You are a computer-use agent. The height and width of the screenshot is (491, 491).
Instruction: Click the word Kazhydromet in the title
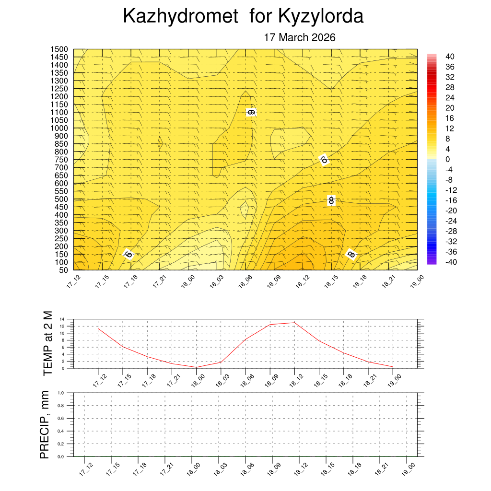tap(180, 16)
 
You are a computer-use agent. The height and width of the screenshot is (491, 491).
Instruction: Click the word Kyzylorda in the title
tap(321, 16)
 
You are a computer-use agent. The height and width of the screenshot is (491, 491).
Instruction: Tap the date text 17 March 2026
tap(300, 37)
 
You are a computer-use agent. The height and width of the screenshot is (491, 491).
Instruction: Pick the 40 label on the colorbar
tap(449, 57)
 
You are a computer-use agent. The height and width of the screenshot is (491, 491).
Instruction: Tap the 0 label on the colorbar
tap(447, 159)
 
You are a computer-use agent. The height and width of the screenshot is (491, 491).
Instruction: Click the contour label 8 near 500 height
tap(331, 200)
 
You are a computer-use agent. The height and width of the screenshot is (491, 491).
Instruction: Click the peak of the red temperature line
tap(295, 323)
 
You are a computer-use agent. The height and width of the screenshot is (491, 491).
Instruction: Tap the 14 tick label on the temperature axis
tap(62, 319)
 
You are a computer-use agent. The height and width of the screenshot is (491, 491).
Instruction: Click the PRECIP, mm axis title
tap(45, 424)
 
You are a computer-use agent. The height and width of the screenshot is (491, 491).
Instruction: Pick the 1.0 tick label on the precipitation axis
tap(61, 392)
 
